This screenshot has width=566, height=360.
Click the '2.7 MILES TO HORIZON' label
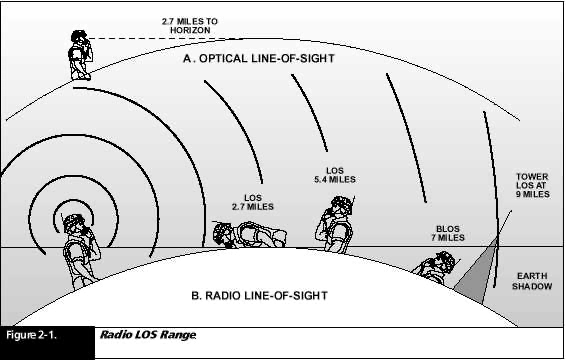[190, 26]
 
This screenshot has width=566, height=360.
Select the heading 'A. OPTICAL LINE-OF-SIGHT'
[259, 58]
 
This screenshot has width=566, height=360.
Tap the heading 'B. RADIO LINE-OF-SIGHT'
[259, 296]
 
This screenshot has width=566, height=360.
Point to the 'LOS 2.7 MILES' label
[253, 202]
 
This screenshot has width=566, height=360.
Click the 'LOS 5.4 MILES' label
[335, 175]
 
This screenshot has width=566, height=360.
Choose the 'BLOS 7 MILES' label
[448, 233]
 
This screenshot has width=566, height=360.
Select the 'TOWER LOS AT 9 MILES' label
[532, 186]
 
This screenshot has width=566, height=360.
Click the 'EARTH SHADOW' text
[532, 281]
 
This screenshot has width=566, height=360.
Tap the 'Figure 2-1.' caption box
[47, 343]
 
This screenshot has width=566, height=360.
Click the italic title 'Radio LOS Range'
[148, 335]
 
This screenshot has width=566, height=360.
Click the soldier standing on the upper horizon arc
[80, 55]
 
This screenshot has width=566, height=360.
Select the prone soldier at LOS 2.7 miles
[249, 235]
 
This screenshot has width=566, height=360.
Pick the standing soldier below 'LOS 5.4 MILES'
[335, 224]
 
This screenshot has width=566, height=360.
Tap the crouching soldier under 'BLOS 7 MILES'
[435, 266]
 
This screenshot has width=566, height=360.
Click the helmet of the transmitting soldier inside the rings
[74, 222]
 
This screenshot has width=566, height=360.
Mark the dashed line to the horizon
[162, 38]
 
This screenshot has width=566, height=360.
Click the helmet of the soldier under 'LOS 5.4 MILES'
[340, 202]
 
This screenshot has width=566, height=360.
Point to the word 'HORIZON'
[190, 30]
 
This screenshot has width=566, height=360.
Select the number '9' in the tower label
[519, 194]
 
